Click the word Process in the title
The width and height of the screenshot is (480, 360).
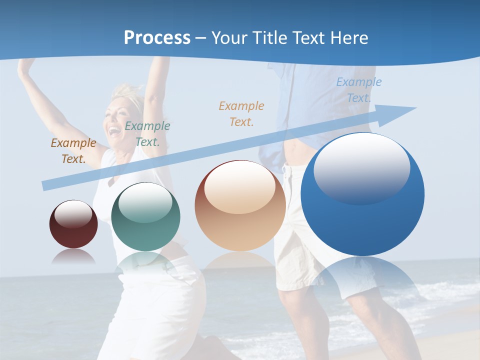coord(157,37)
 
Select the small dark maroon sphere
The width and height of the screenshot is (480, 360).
coord(73,224)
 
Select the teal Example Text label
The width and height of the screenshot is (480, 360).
coord(147,134)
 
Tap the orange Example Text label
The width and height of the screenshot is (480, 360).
coord(241,113)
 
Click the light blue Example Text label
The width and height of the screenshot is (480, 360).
coord(358,90)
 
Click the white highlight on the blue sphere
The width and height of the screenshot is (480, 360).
coord(361,167)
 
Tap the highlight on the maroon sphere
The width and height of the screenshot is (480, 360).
coord(73,213)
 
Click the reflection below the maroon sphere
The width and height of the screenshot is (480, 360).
coord(73,256)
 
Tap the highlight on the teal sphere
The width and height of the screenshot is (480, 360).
coord(145,202)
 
